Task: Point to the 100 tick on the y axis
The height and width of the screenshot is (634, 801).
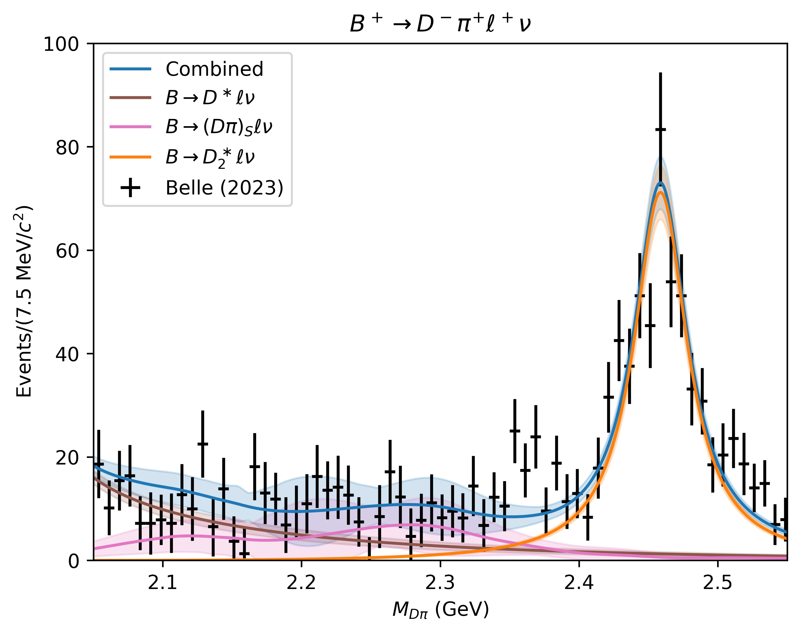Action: point(62,44)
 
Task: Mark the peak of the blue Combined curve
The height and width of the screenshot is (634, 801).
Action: point(660,183)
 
